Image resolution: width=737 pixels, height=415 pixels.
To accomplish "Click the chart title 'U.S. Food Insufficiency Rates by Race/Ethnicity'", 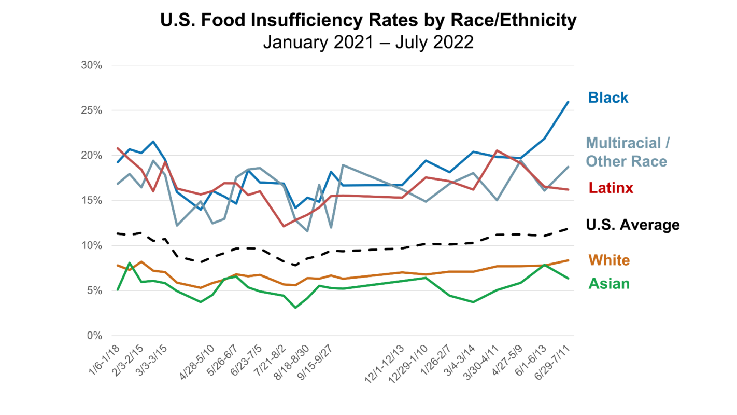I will (368, 20).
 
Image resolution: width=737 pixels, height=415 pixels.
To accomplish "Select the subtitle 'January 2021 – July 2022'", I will (368, 42).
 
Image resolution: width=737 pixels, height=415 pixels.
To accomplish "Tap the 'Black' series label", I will (608, 98).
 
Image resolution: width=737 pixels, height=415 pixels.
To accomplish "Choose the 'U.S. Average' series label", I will (632, 225).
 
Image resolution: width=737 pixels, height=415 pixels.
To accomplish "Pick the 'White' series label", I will (609, 260).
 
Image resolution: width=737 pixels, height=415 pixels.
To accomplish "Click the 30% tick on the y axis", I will (92, 65).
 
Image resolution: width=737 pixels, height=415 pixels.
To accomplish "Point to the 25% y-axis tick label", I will (92, 110).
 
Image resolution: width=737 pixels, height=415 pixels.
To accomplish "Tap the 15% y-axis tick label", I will (92, 200).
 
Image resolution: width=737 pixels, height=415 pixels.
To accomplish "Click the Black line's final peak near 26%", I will (569, 102).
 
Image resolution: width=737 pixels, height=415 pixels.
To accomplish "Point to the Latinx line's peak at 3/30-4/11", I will (497, 150).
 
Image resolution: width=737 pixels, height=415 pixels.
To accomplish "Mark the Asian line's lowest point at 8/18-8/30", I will (295, 308).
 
